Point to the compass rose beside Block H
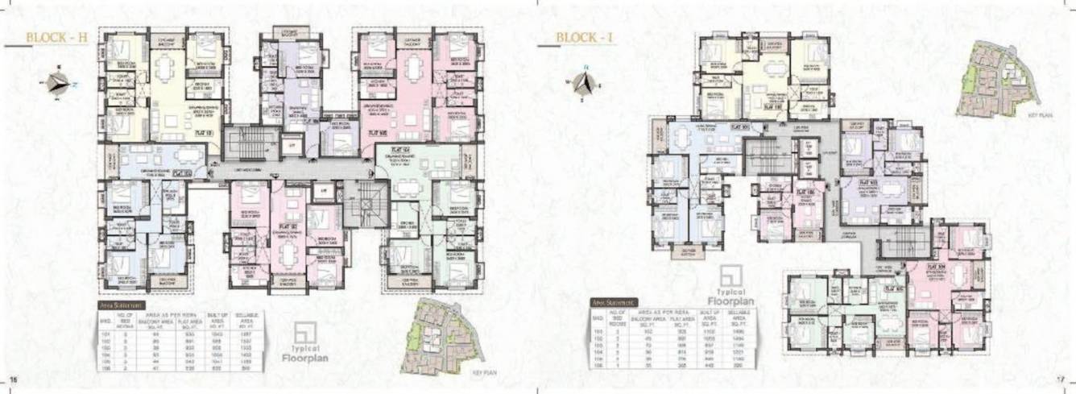pyautogui.click(x=58, y=81)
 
